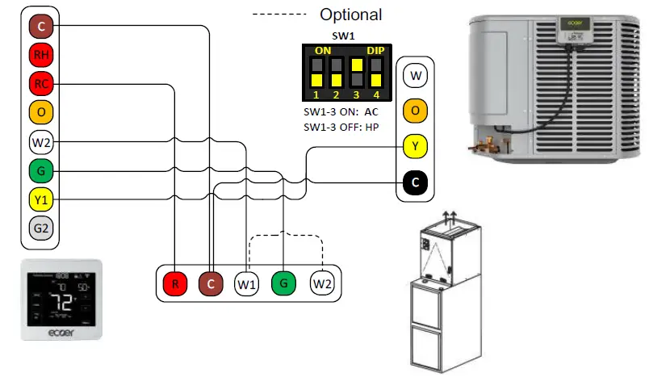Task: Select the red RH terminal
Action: pyautogui.click(x=40, y=55)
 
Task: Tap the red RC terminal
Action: pyautogui.click(x=40, y=84)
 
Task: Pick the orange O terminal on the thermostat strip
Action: pyautogui.click(x=40, y=112)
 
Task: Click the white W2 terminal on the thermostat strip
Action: pyautogui.click(x=40, y=143)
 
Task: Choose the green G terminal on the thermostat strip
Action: pyautogui.click(x=40, y=170)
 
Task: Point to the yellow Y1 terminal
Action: pyautogui.click(x=40, y=199)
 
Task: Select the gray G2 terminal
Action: pyautogui.click(x=40, y=228)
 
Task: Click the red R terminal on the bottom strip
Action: pyautogui.click(x=174, y=283)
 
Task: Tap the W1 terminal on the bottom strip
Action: pyautogui.click(x=246, y=283)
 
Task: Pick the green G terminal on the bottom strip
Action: pyautogui.click(x=283, y=283)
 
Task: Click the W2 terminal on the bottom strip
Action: pyautogui.click(x=323, y=283)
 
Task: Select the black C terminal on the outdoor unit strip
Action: pyautogui.click(x=415, y=183)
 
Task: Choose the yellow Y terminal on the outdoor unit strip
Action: pyautogui.click(x=415, y=147)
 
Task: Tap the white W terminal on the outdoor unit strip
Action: pyautogui.click(x=415, y=77)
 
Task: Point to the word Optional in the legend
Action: pyautogui.click(x=350, y=15)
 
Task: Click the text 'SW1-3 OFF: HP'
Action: pyautogui.click(x=341, y=127)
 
